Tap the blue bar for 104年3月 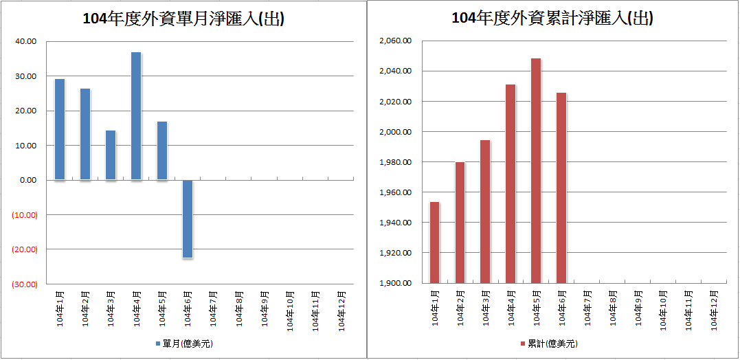pos(111,155)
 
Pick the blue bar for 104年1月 pos(60,129)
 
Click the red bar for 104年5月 pos(536,170)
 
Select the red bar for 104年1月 pos(434,242)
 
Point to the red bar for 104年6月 pos(561,188)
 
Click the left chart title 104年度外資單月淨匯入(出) pos(183,19)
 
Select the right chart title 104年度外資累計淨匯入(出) pos(552,19)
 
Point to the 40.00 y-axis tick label pos(27,41)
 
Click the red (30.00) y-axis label pos(25,284)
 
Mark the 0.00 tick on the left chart pos(29,180)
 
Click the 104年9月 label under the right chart pos(639,309)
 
